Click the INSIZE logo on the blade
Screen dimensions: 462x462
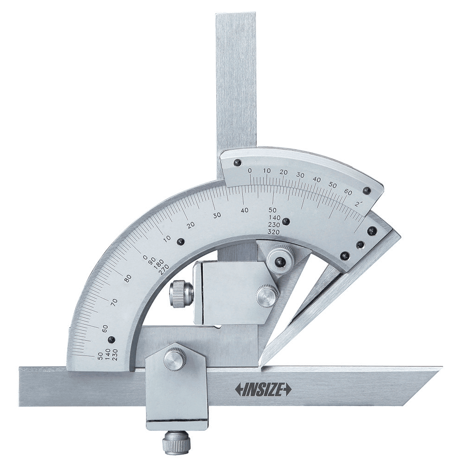click(263, 389)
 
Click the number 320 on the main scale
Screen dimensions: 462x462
click(274, 231)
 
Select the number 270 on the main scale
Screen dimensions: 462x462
click(164, 269)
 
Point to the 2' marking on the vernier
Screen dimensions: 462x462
click(359, 204)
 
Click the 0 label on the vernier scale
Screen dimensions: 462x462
click(250, 170)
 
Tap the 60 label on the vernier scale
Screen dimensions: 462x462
click(348, 192)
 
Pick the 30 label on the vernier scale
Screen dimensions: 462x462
click(300, 175)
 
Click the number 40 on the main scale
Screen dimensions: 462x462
click(244, 210)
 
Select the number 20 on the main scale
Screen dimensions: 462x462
click(191, 225)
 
